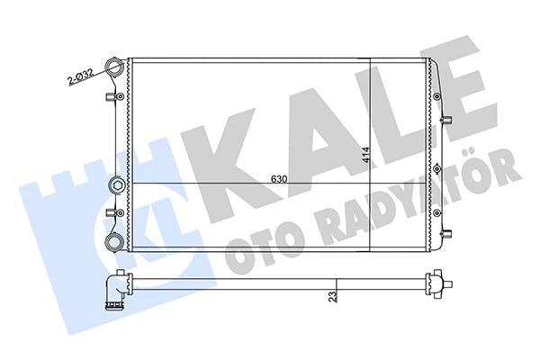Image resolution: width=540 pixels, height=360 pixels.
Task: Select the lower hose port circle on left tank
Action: [115, 241]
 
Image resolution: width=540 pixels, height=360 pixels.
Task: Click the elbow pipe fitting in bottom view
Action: [112, 292]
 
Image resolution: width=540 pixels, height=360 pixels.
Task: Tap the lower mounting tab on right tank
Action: [444, 236]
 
